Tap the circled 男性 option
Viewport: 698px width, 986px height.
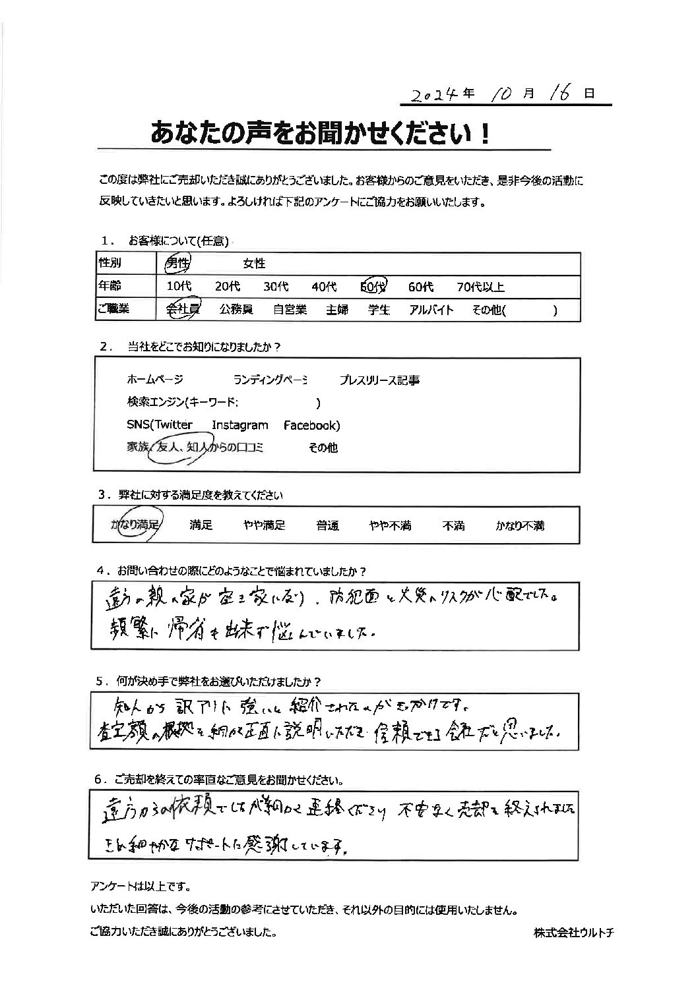click(176, 264)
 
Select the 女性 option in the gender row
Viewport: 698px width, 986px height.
click(254, 264)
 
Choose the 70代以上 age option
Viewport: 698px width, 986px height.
click(481, 287)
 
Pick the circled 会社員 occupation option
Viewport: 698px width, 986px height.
click(182, 310)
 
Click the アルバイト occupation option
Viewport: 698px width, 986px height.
click(431, 310)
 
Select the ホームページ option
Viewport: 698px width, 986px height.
click(154, 380)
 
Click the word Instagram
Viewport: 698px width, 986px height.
click(240, 426)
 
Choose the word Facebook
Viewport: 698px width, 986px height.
click(311, 426)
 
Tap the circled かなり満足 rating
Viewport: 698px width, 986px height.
click(136, 525)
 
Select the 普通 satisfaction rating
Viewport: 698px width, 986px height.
click(327, 526)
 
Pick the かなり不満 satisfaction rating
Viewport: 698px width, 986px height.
click(521, 526)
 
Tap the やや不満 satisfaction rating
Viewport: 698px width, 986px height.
click(390, 526)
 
